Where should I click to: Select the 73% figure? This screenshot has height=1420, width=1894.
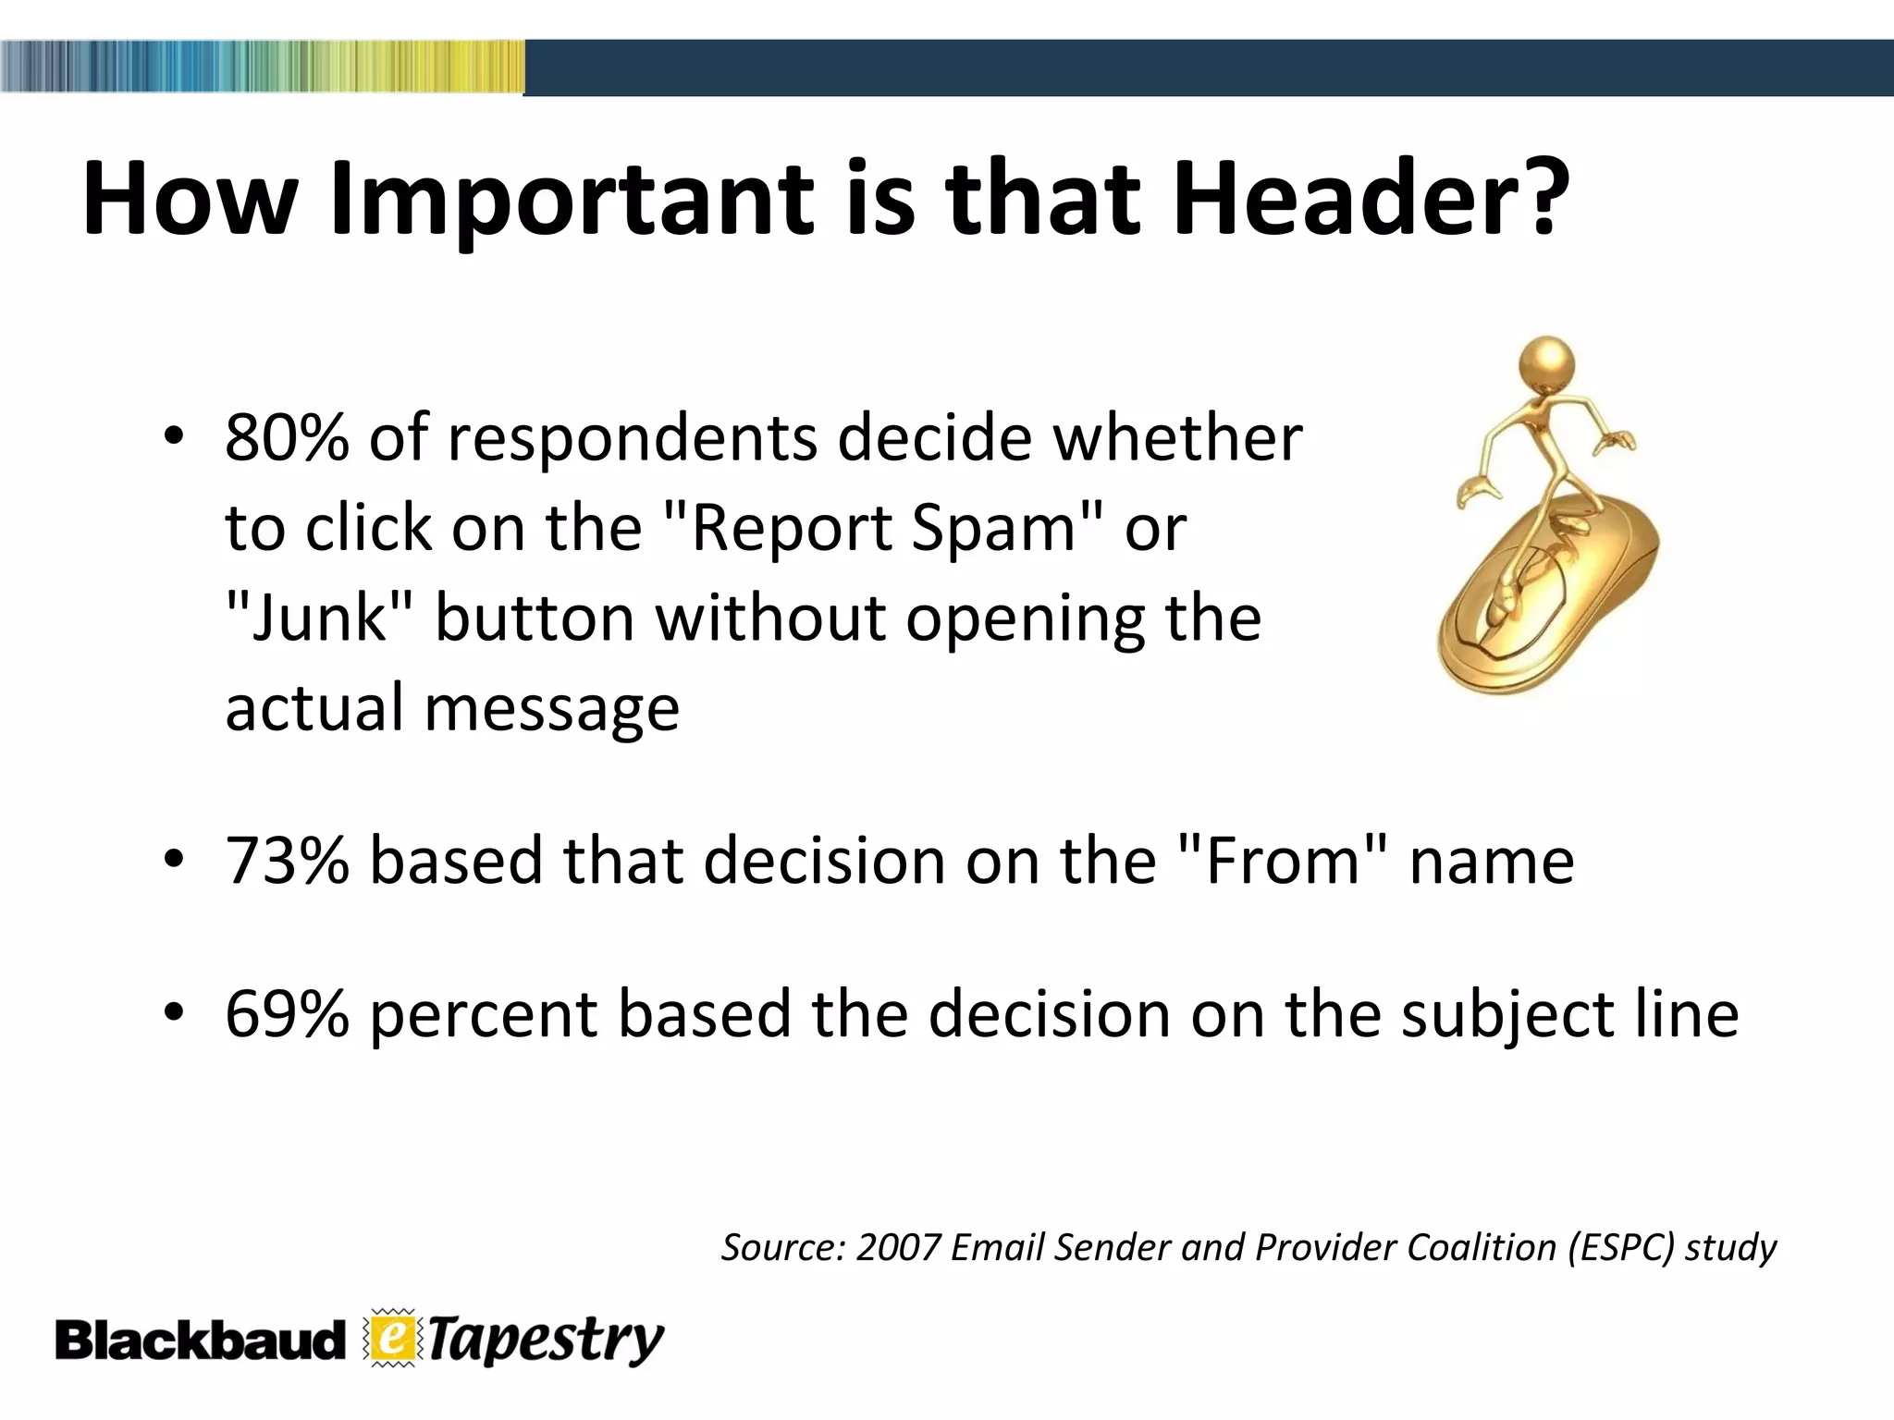tap(287, 861)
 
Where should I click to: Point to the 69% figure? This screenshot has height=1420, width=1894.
tap(287, 1014)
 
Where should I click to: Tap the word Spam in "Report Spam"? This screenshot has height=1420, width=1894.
tap(994, 530)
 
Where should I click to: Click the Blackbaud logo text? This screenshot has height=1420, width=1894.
tap(199, 1341)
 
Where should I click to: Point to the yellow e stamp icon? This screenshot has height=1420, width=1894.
tap(393, 1339)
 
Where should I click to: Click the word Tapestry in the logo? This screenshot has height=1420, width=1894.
tap(546, 1341)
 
